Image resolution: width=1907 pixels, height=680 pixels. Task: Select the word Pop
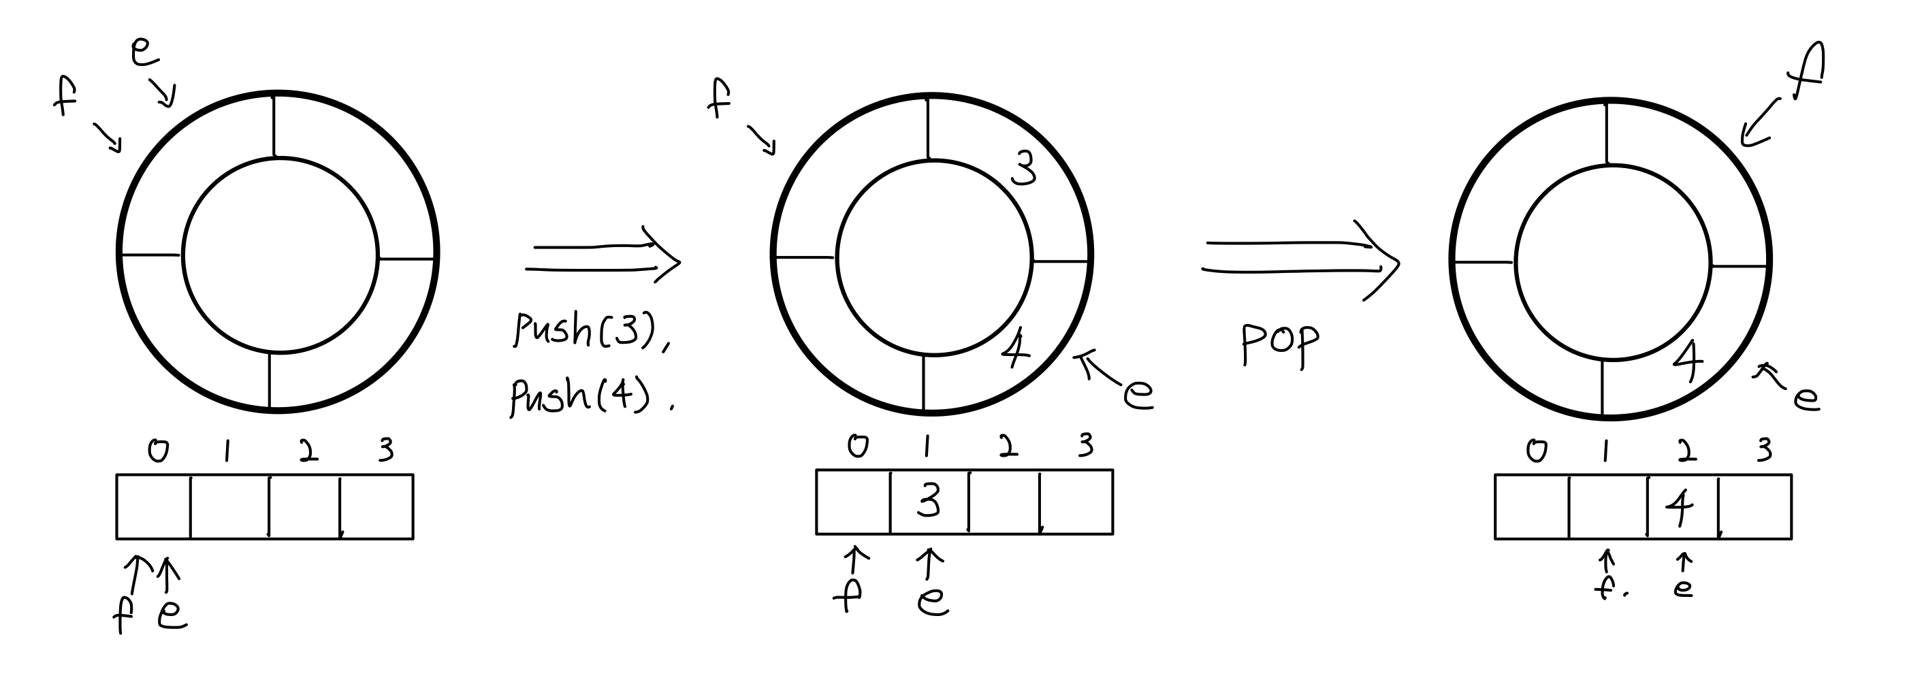tap(1279, 344)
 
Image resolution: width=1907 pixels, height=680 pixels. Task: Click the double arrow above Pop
tap(1300, 258)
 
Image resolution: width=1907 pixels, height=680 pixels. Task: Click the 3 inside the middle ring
tap(1023, 171)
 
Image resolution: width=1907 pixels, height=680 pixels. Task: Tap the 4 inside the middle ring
tap(1015, 349)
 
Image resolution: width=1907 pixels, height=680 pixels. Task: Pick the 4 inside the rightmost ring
tap(1688, 360)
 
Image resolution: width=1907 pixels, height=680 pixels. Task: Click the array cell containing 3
tap(929, 502)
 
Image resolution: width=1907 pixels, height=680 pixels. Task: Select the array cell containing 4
tap(1680, 507)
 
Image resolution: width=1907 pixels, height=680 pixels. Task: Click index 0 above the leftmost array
tap(158, 450)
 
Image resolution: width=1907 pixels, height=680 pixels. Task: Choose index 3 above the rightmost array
tap(1765, 450)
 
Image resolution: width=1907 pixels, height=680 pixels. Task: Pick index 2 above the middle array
tap(1006, 445)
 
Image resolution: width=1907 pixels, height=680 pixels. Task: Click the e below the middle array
tap(932, 600)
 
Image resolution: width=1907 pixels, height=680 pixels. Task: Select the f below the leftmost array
tap(124, 614)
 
